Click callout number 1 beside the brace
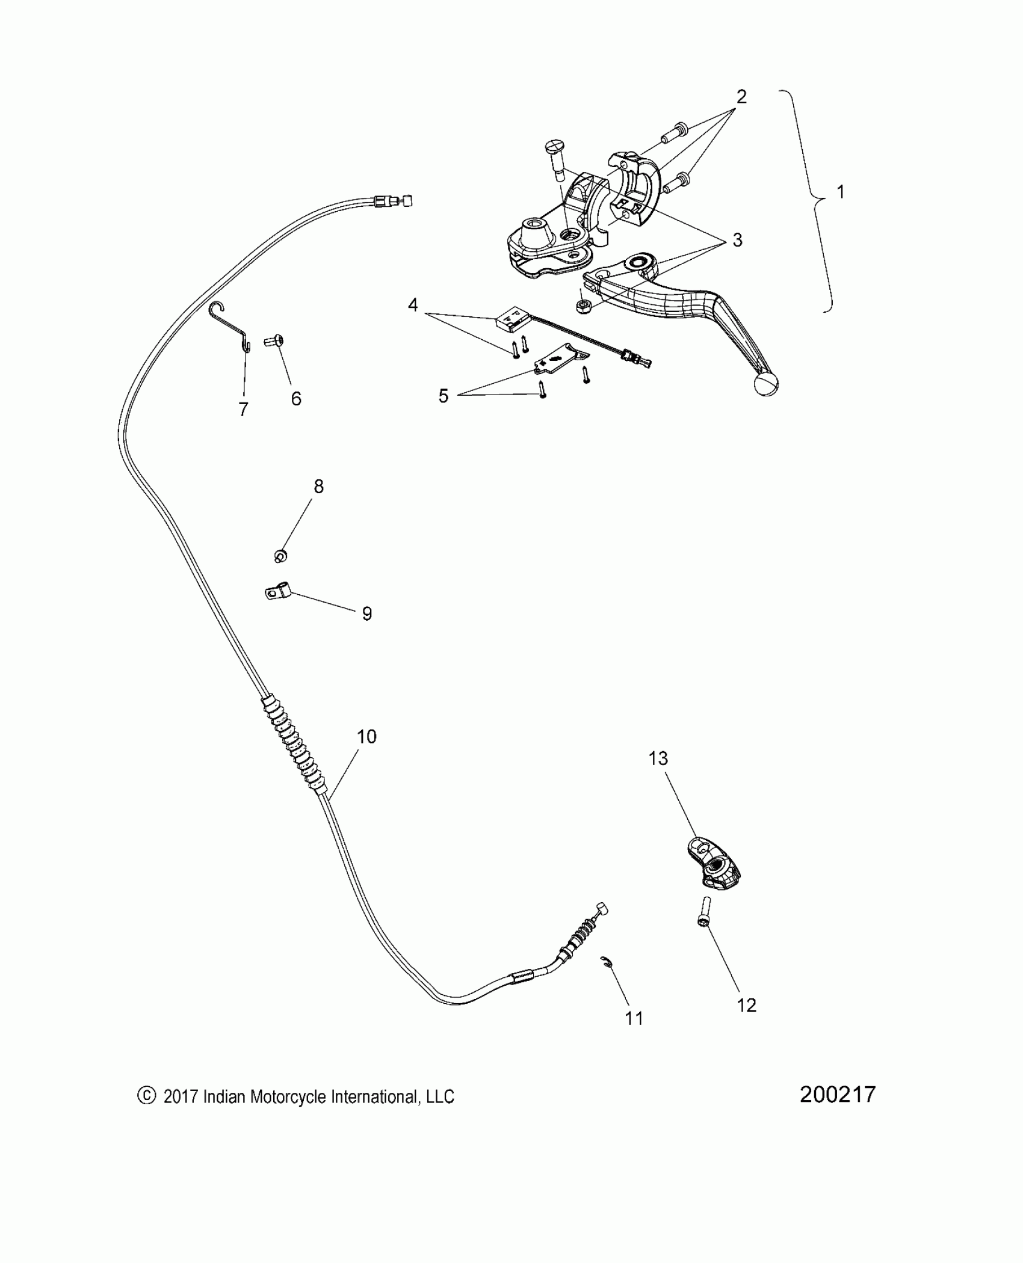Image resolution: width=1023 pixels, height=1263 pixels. [x=841, y=192]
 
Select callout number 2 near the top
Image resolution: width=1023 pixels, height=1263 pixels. [x=741, y=96]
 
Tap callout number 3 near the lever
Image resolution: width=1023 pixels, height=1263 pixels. [x=737, y=241]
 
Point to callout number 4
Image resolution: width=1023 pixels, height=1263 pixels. [x=413, y=306]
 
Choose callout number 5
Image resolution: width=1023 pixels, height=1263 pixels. [x=444, y=396]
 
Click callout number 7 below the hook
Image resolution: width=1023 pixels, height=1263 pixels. [x=243, y=410]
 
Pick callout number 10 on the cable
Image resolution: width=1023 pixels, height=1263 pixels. [x=366, y=737]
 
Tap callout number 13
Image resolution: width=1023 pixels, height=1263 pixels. [x=658, y=758]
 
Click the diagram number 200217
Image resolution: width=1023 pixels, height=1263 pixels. [x=838, y=1094]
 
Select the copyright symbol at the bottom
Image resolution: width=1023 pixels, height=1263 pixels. [x=146, y=1096]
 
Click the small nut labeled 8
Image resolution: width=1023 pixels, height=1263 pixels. [x=280, y=556]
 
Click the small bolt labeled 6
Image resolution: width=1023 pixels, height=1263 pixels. [x=274, y=342]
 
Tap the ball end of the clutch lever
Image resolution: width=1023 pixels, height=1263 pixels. [x=765, y=384]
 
